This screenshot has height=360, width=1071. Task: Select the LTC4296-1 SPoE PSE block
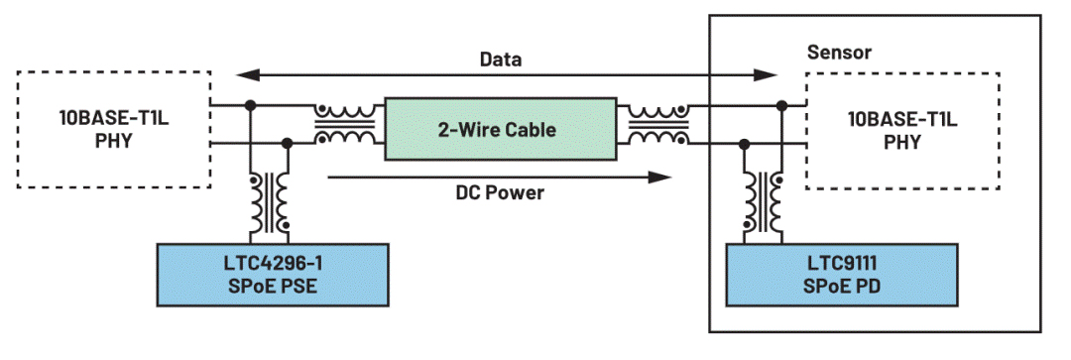pos(274,274)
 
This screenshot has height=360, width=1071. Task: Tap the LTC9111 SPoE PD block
pos(842,274)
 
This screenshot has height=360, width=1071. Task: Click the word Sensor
pos(840,52)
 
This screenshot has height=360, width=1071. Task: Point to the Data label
pos(500,60)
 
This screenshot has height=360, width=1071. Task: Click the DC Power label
pos(500,193)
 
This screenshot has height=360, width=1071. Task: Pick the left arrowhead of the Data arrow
pos(246,73)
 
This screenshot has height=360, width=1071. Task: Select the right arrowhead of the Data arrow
pos(765,73)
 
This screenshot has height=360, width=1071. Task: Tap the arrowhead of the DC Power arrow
pos(659,178)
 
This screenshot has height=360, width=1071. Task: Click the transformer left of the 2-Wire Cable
pos(345,124)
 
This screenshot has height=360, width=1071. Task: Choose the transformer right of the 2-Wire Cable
pos(657,124)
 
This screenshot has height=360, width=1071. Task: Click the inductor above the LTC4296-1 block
pos(269,203)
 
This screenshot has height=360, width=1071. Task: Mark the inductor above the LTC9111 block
pos(762,203)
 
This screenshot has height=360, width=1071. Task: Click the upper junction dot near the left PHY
pos(251,105)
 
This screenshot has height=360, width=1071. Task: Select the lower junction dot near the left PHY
pos(288,144)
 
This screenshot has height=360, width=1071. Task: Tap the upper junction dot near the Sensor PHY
pos(780,105)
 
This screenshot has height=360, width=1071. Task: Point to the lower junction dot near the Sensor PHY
pos(744,144)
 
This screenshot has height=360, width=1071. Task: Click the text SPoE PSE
pos(274,287)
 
